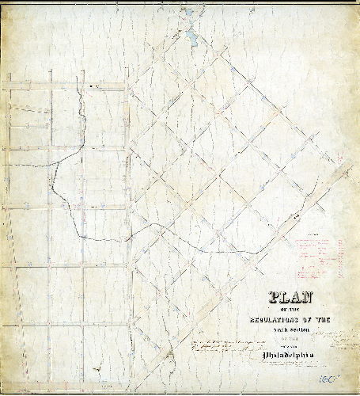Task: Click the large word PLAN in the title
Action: coord(291,299)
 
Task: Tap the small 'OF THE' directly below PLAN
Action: coord(291,310)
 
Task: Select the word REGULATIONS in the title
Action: coord(274,319)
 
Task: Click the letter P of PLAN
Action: coord(274,299)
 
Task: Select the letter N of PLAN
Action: coord(309,299)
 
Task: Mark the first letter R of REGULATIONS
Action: coord(236,319)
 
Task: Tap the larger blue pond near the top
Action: coord(192,36)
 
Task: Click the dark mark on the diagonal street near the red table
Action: coord(297,215)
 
